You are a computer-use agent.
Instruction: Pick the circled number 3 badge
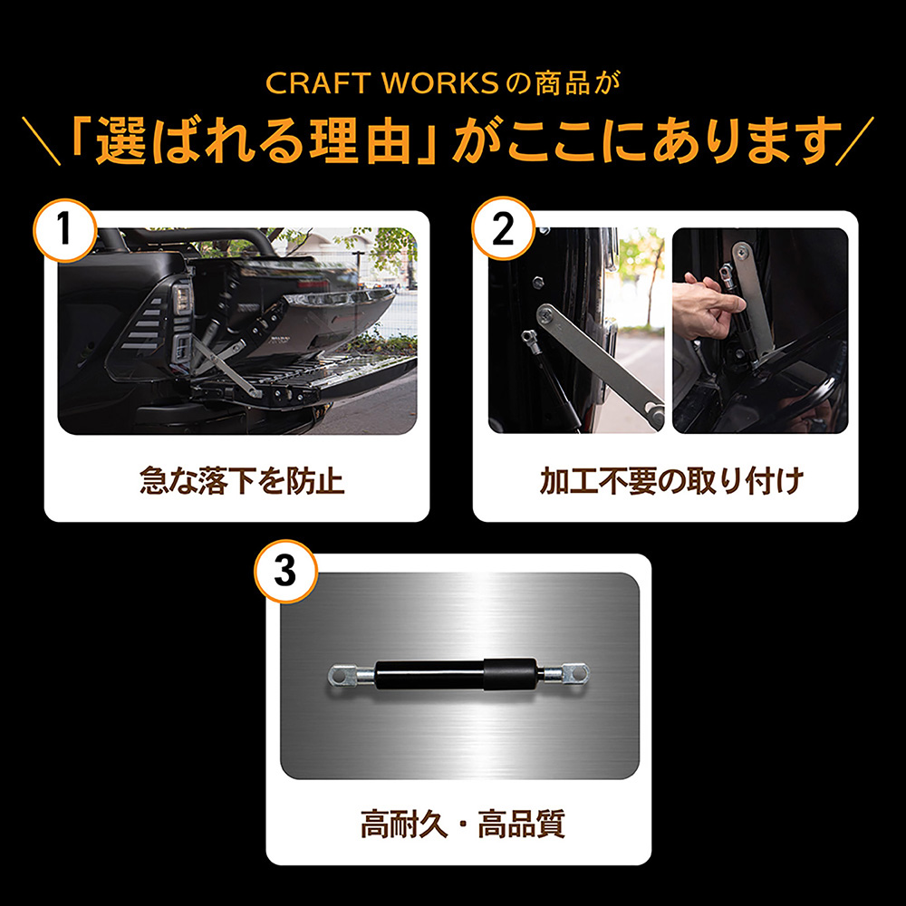tap(284, 573)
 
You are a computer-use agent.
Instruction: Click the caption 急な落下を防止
tap(242, 480)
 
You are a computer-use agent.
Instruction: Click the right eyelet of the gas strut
tap(573, 674)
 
